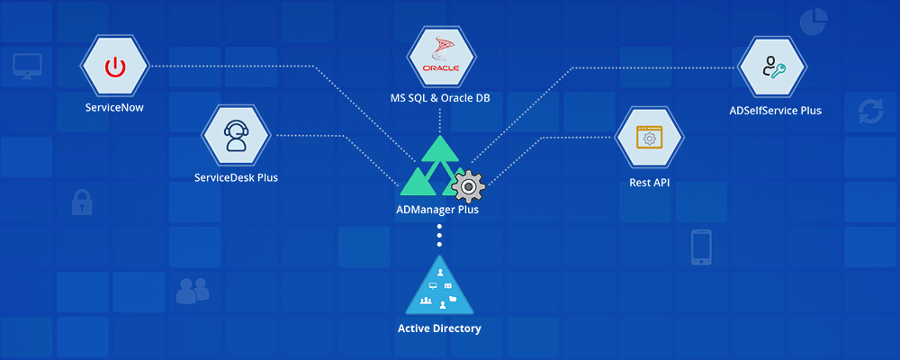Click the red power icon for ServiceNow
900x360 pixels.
(x=114, y=67)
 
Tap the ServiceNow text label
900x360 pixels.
(x=114, y=107)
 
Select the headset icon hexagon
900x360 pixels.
(x=236, y=136)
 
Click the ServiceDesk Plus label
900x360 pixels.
(x=236, y=177)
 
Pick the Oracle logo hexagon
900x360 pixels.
(x=441, y=58)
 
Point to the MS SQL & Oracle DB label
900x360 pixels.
(x=441, y=96)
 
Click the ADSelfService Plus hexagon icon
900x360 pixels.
(x=771, y=67)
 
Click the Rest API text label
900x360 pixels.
(x=649, y=183)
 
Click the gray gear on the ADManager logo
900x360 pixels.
(x=468, y=186)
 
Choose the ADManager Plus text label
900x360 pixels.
(x=439, y=210)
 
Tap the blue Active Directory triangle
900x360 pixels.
(x=439, y=286)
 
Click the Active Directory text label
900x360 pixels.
(x=439, y=328)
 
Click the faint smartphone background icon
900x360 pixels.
(x=702, y=247)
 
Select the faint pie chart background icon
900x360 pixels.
(x=813, y=22)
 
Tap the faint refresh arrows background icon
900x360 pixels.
(x=870, y=112)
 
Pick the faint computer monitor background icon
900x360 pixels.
(x=25, y=66)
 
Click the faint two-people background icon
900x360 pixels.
(x=193, y=290)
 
